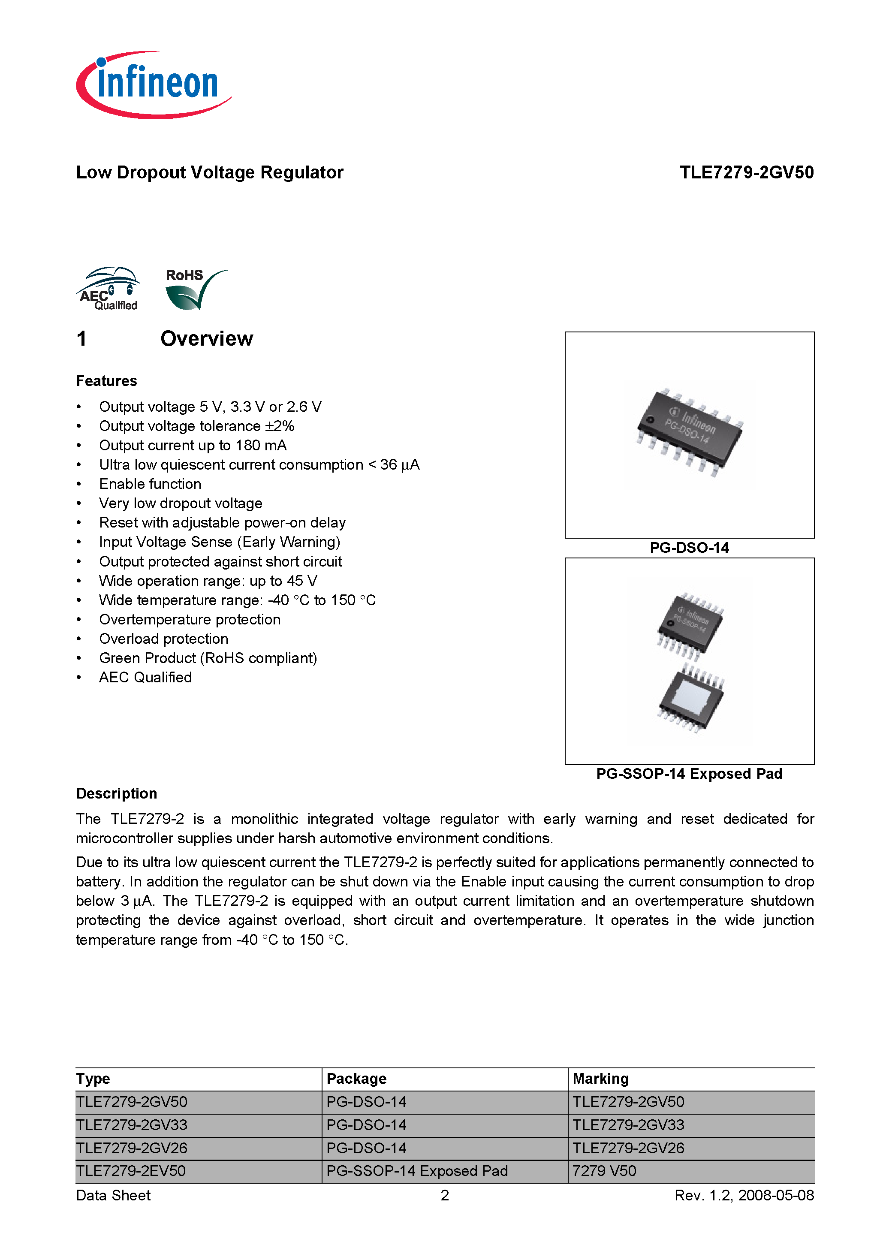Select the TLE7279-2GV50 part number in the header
click(x=746, y=172)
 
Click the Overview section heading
click(x=206, y=339)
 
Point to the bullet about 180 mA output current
click(x=192, y=445)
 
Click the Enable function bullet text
click(x=150, y=484)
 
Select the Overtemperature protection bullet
click(x=190, y=619)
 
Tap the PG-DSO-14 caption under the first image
click(x=689, y=548)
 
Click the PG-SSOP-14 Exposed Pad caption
click(x=689, y=774)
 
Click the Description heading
click(x=116, y=793)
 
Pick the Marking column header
click(x=600, y=1079)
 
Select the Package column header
click(x=356, y=1079)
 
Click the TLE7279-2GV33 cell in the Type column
click(x=132, y=1125)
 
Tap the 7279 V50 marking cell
click(x=604, y=1171)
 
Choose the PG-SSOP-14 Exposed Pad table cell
click(x=417, y=1171)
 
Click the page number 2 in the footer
click(x=445, y=1196)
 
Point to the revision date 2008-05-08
click(x=776, y=1196)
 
